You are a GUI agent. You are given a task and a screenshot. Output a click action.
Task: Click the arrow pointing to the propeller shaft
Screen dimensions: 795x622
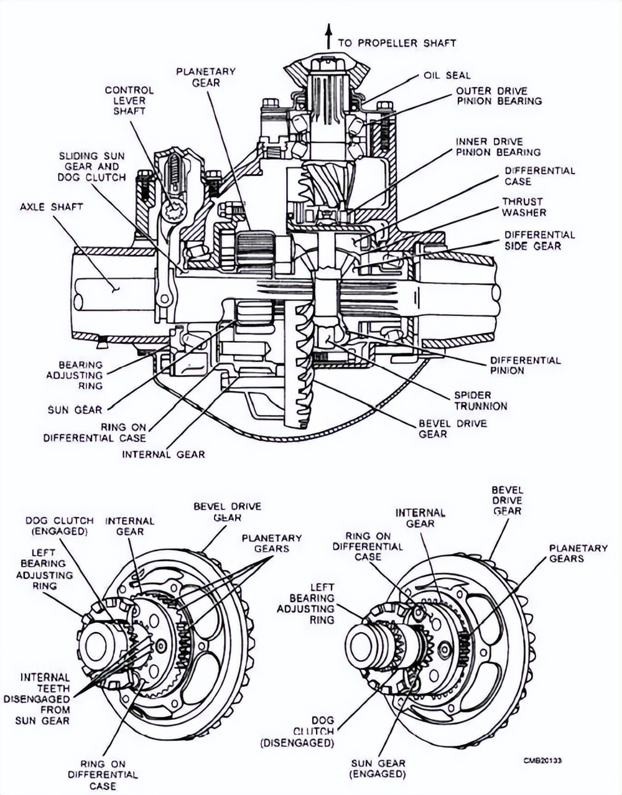tap(327, 37)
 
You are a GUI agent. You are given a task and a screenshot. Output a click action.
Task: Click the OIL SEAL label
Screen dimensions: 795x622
tap(447, 75)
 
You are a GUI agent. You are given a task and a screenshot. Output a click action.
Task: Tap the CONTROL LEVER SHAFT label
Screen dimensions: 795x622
tap(129, 100)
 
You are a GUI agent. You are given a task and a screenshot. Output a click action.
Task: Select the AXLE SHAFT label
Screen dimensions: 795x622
tap(51, 207)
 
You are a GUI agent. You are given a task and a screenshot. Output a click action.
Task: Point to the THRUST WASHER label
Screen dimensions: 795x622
tap(524, 207)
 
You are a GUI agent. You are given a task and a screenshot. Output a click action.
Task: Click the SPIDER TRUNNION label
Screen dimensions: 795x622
tap(481, 401)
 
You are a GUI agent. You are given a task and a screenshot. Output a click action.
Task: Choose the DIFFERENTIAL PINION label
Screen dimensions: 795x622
tap(525, 365)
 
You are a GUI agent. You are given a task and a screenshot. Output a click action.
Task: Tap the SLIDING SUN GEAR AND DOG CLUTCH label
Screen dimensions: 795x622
tap(92, 166)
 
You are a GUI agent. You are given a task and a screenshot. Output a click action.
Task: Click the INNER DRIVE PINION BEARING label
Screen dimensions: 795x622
tap(498, 147)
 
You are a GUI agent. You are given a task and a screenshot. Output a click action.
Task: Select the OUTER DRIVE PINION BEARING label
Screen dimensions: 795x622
tap(499, 95)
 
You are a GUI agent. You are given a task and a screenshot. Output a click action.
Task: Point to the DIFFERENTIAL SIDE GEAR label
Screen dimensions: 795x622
tap(539, 240)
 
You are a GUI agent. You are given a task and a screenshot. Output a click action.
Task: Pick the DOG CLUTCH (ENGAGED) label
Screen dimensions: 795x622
tap(60, 526)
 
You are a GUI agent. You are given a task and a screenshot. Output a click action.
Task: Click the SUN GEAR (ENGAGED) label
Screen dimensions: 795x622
tap(378, 769)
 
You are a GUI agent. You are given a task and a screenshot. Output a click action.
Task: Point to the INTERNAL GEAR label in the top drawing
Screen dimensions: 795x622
tap(163, 454)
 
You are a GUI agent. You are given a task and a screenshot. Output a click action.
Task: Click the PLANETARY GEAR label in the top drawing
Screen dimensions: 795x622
tap(206, 77)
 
